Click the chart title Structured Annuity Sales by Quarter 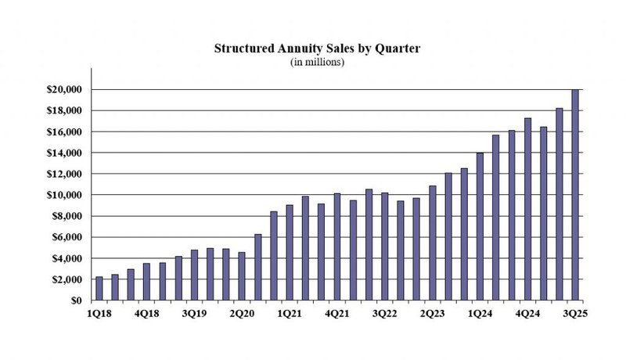coord(317,49)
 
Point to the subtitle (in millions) coord(317,62)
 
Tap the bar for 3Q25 coord(575,195)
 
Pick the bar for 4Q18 coord(147,282)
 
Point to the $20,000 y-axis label coord(64,90)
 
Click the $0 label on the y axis coord(76,301)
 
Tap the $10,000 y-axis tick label coord(64,195)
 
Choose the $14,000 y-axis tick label coord(64,153)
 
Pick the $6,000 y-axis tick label coord(67,237)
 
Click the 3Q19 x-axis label coord(195,313)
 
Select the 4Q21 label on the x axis coord(337,313)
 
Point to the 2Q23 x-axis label coord(433,313)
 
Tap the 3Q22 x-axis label coord(385,313)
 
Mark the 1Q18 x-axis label coord(99,313)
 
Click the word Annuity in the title coord(298,49)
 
